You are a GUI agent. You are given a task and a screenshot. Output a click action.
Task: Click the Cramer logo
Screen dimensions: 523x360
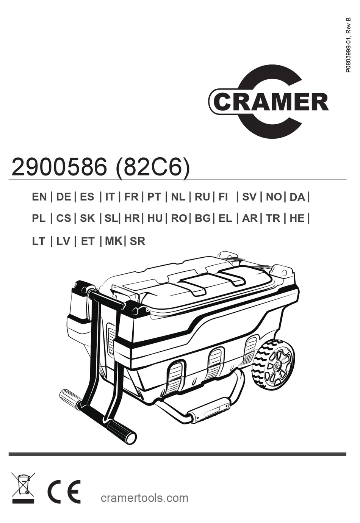tap(268, 102)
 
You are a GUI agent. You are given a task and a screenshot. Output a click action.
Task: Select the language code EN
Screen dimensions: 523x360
tap(39, 197)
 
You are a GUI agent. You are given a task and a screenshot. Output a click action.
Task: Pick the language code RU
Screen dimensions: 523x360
tap(202, 197)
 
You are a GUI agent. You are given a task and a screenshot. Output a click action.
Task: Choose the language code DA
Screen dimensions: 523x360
tap(297, 197)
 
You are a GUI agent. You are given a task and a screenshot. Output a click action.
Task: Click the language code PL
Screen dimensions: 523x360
tap(39, 219)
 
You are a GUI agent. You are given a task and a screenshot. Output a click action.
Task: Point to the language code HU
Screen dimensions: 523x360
tap(155, 219)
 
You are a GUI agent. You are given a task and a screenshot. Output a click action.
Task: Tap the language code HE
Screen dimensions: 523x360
tap(297, 219)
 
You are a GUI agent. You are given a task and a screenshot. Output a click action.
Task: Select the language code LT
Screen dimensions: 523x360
tap(39, 241)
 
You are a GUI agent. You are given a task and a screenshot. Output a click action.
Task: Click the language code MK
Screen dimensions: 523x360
tap(113, 241)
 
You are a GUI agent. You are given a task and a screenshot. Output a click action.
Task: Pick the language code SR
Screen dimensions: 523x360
tap(138, 241)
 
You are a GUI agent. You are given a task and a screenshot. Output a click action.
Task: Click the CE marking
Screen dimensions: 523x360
tap(64, 492)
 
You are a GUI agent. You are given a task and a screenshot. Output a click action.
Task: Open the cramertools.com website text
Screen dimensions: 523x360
tap(144, 498)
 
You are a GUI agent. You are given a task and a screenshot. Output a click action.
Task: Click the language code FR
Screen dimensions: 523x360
tap(131, 197)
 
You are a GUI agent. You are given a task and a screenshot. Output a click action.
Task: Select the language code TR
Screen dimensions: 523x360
tap(273, 219)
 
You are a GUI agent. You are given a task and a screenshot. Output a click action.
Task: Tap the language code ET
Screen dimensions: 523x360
tap(88, 241)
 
